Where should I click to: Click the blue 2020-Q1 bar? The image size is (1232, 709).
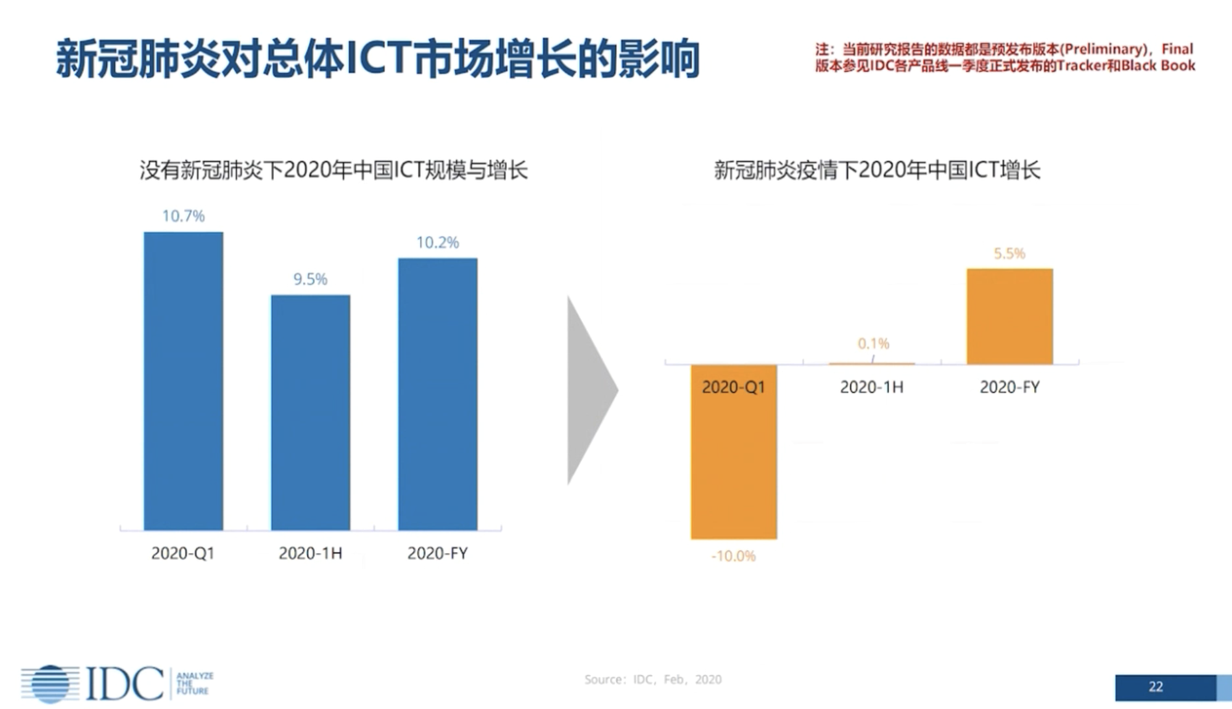point(183,381)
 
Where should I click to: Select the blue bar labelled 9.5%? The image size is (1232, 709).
point(310,412)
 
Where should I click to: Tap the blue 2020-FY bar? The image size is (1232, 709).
point(438,394)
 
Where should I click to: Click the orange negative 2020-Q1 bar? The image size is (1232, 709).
point(733,459)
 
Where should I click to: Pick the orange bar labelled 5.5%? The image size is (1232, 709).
point(1009,316)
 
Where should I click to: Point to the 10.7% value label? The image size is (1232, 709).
point(183,216)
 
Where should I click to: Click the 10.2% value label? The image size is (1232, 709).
point(438,242)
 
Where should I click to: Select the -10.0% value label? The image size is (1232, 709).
point(733,556)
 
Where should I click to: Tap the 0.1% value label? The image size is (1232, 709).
point(873,343)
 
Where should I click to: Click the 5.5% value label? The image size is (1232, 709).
point(1009,254)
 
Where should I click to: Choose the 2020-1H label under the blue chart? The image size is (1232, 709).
point(310,553)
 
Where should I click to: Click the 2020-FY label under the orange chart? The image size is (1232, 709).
point(1009,387)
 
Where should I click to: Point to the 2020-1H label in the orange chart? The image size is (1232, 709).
point(872,387)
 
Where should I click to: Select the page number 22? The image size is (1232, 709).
point(1156,686)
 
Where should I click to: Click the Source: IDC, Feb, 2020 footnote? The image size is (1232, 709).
point(652,680)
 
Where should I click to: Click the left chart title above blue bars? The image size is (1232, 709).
point(334,170)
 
